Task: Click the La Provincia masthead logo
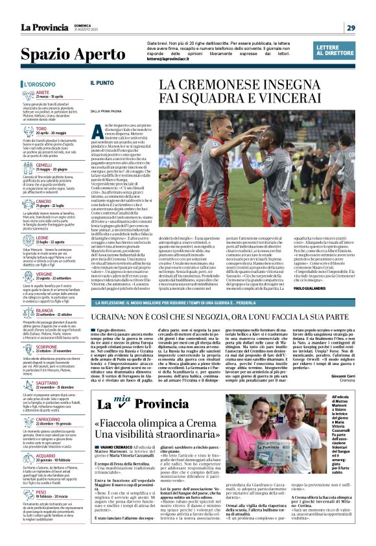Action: (44, 27)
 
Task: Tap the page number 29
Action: (351, 27)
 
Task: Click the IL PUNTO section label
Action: (102, 83)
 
